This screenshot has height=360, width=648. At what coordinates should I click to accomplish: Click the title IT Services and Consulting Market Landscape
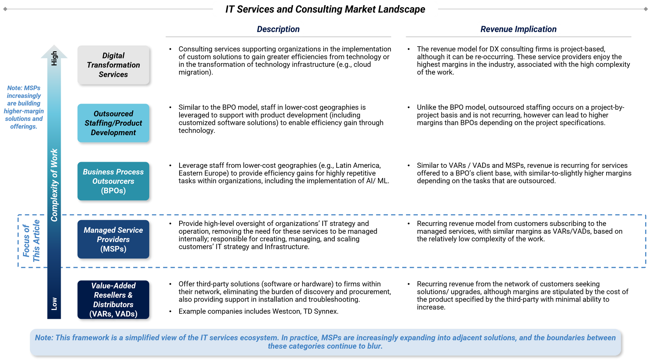[x=325, y=9]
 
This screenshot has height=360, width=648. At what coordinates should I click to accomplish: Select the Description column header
[x=278, y=29]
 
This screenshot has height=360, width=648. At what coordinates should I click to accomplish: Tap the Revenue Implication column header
[x=518, y=29]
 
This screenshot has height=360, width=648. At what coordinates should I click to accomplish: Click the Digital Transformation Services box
[x=113, y=65]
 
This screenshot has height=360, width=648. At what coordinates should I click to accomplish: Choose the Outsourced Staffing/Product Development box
[x=113, y=123]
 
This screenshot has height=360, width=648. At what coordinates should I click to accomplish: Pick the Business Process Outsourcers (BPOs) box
[x=113, y=181]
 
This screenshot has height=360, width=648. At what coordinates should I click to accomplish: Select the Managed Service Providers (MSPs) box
[x=113, y=239]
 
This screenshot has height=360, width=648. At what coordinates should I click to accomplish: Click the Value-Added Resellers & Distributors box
[x=113, y=300]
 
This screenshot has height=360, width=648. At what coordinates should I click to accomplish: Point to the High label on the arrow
[x=54, y=58]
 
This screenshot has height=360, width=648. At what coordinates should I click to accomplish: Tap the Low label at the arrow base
[x=54, y=304]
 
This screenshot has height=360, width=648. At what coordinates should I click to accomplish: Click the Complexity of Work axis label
[x=54, y=185]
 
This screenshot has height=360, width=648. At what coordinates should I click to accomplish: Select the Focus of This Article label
[x=31, y=240]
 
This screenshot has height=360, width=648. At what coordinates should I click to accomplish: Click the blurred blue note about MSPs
[x=24, y=107]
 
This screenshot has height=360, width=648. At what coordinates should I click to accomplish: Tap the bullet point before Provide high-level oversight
[x=170, y=224]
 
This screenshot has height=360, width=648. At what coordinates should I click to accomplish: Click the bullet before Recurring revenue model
[x=408, y=224]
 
